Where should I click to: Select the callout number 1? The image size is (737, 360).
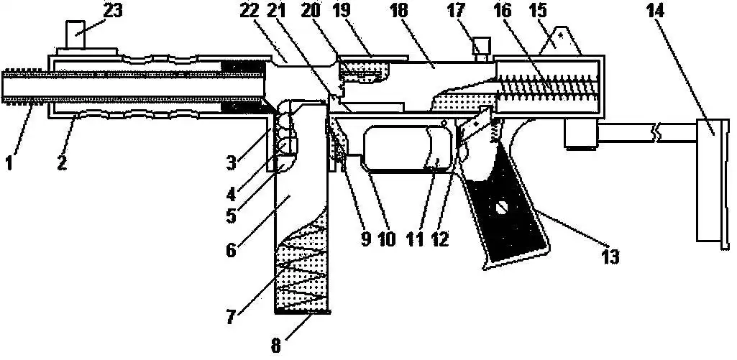(9, 163)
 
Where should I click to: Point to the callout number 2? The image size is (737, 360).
(63, 163)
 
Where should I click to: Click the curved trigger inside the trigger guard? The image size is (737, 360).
(434, 147)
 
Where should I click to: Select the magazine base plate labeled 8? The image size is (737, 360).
(302, 313)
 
